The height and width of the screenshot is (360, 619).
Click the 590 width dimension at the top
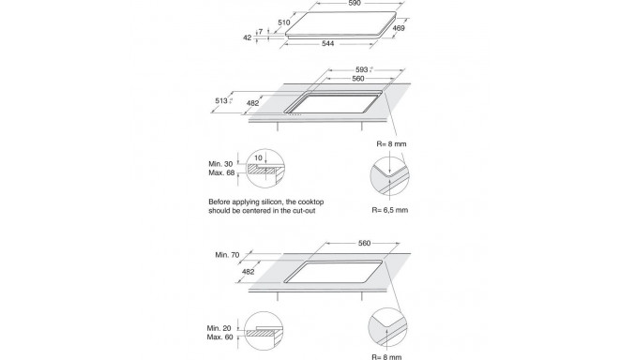(355, 3)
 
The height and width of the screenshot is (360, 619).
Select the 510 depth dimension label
(284, 22)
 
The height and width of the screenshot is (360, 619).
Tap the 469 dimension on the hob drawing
(399, 28)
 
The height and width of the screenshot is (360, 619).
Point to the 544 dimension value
(328, 43)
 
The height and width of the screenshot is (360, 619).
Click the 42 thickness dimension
(247, 37)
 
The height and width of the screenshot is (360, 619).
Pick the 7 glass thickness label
(261, 32)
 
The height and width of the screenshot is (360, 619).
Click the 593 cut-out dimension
(362, 69)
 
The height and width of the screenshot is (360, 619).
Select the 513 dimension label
(221, 100)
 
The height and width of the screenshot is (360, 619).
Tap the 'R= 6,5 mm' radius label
(389, 210)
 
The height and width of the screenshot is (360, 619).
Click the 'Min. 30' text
(220, 164)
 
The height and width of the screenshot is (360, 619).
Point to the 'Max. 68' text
(221, 172)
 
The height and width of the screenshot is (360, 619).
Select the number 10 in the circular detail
(258, 157)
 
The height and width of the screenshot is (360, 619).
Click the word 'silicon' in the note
(272, 202)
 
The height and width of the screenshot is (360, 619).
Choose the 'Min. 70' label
(227, 255)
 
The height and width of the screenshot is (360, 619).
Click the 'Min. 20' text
(219, 328)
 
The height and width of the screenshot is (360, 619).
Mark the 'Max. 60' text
(219, 337)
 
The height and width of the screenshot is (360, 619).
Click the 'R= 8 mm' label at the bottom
(386, 357)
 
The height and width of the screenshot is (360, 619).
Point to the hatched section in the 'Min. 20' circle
(261, 333)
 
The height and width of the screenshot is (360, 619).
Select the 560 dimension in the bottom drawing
(365, 243)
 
